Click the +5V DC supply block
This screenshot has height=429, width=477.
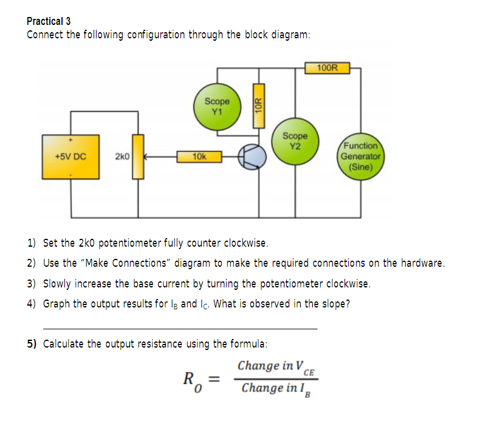click(x=70, y=157)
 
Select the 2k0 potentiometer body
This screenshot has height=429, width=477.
click(x=138, y=157)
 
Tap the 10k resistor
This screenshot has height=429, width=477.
click(x=199, y=157)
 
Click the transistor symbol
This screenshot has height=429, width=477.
click(x=252, y=157)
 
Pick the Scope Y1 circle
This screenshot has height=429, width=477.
click(x=217, y=107)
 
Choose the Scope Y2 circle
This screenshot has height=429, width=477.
click(x=295, y=142)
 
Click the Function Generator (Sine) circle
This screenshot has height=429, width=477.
click(x=360, y=156)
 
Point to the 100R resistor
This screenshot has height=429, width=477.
click(x=328, y=68)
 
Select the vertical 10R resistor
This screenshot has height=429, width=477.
click(x=259, y=106)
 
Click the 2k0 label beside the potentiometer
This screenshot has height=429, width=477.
click(x=122, y=156)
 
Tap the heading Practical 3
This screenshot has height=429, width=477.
click(x=49, y=21)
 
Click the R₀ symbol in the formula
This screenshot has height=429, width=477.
click(x=193, y=382)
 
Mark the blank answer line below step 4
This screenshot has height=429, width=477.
click(x=180, y=329)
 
